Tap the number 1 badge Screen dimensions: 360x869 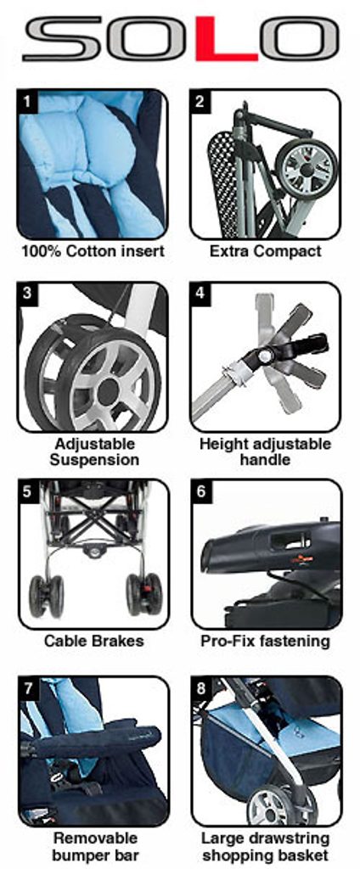point(27,102)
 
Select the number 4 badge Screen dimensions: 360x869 point(200,293)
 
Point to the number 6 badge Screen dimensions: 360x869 point(200,491)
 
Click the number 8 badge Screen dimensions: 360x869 point(200,687)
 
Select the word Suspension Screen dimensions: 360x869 point(94,460)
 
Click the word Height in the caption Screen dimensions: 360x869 point(220,444)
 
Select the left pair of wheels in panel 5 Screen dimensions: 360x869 point(47,595)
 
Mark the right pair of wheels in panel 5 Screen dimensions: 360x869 point(144,594)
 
